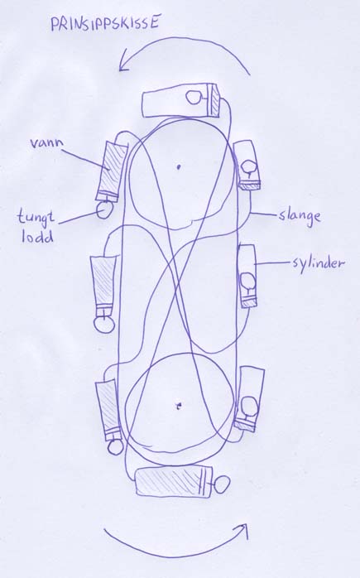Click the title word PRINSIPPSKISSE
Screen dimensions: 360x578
pos(105,23)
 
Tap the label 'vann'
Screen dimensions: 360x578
pos(46,143)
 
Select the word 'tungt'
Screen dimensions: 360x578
pos(36,217)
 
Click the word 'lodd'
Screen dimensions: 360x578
pos(37,236)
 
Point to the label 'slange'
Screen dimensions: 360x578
pos(300,216)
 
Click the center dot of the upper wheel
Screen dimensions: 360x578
pos(178,166)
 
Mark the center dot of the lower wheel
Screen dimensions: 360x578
pos(179,407)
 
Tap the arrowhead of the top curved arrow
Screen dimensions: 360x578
pos(124,64)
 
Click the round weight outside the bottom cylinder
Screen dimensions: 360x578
pos(222,484)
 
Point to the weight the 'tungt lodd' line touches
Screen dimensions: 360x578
pos(104,210)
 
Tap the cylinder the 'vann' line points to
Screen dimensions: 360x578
pos(112,171)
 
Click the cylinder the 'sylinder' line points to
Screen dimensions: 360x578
pos(247,276)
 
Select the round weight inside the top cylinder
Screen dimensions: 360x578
pos(194,97)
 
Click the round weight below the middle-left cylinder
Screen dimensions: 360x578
pos(103,325)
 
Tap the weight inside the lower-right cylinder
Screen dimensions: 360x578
pos(249,407)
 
